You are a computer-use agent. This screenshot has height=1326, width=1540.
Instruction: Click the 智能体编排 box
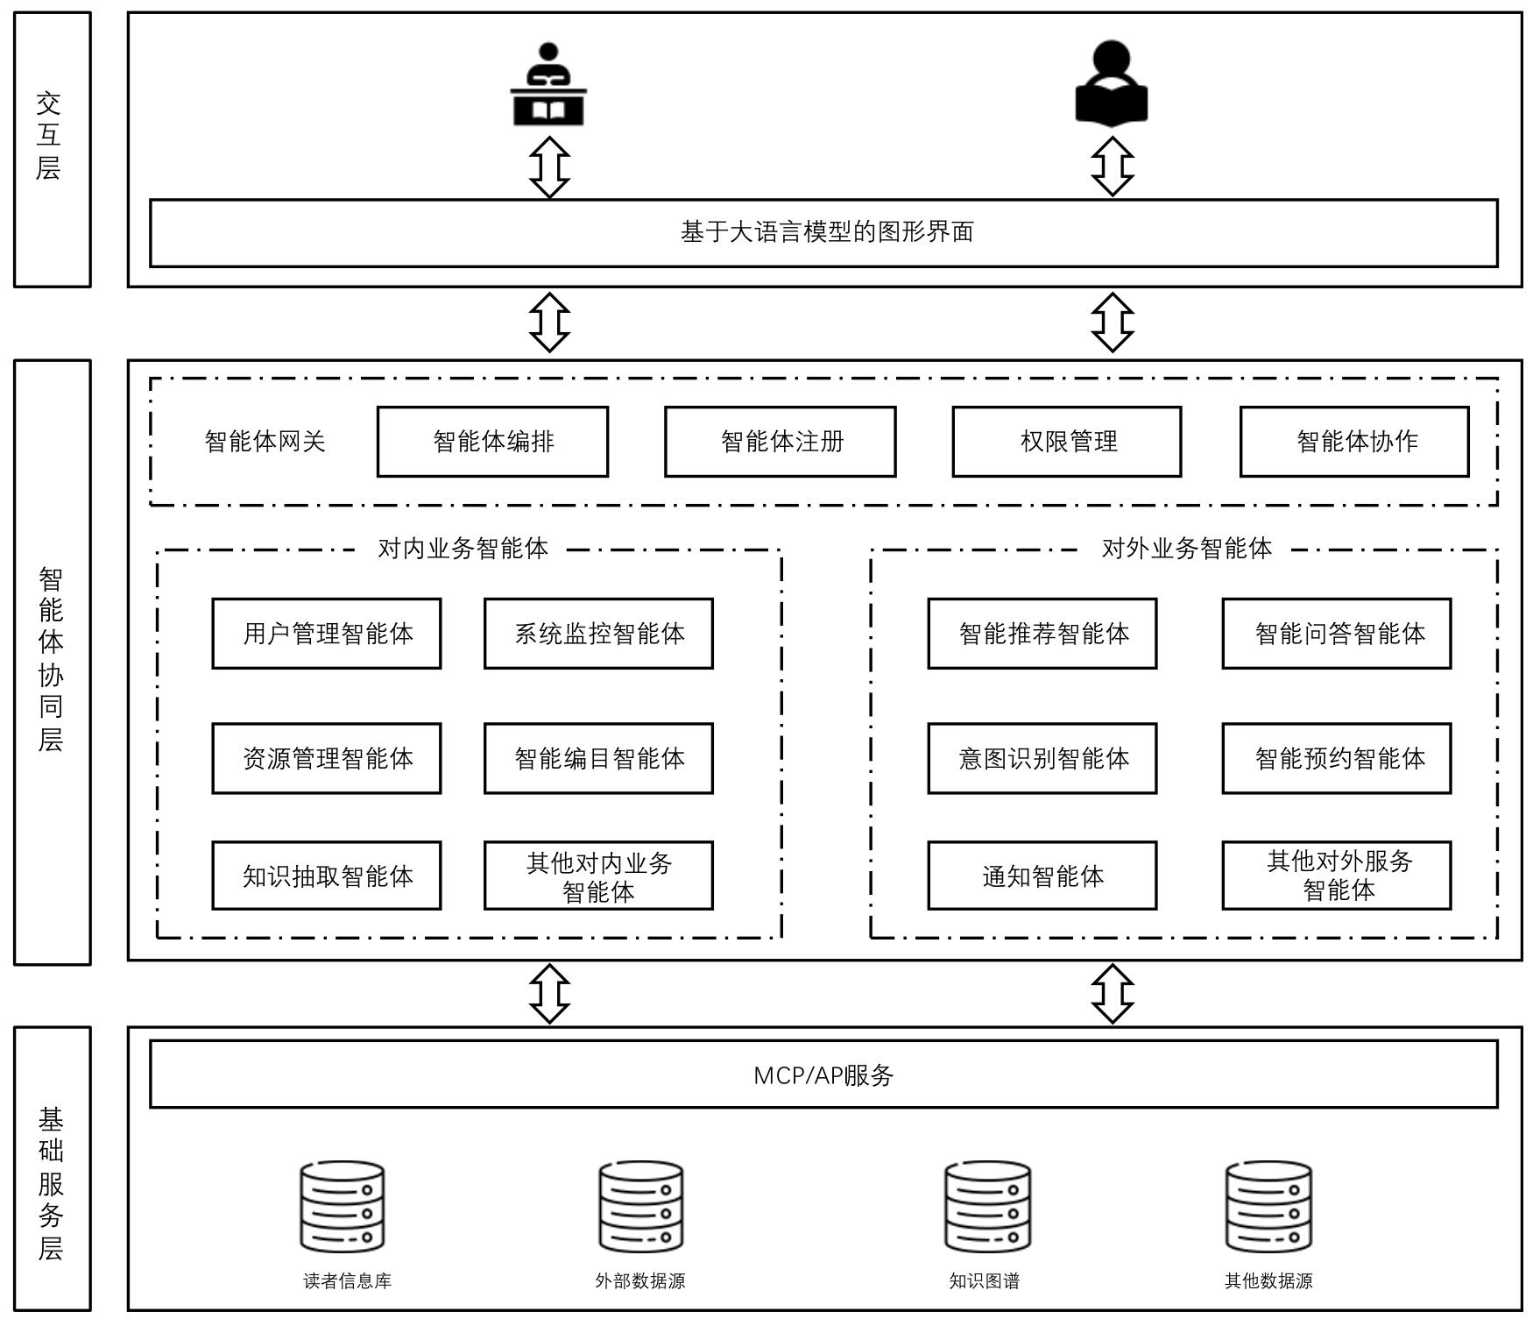[492, 442]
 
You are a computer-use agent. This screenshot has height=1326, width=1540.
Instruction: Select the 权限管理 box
[1066, 442]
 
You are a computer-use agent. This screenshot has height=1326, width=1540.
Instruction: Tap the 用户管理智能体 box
[327, 634]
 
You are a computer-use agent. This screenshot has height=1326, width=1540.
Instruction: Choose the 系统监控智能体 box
[598, 634]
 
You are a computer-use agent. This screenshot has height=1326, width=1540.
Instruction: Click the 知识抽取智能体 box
[327, 876]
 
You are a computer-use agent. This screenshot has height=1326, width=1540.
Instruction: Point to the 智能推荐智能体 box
[1042, 634]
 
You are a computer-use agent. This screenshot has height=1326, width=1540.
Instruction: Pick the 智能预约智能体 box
[1337, 758]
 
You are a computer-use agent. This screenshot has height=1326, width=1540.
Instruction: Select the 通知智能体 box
[1042, 876]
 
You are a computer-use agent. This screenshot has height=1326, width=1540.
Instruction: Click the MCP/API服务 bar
[823, 1074]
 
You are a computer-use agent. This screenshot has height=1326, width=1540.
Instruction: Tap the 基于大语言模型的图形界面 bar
[823, 232]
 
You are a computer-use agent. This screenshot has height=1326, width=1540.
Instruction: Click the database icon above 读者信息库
[343, 1207]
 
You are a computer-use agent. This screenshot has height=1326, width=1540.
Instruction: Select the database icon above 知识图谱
[987, 1207]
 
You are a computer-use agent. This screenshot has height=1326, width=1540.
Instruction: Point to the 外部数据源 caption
[640, 1280]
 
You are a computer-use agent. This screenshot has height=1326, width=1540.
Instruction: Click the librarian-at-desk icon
[548, 85]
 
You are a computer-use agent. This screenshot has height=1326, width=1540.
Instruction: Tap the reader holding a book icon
[1112, 82]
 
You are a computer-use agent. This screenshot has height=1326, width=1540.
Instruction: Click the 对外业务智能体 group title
[1186, 549]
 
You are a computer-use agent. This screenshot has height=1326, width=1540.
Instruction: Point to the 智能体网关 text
[265, 442]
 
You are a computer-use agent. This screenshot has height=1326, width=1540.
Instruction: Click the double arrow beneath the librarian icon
[550, 167]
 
